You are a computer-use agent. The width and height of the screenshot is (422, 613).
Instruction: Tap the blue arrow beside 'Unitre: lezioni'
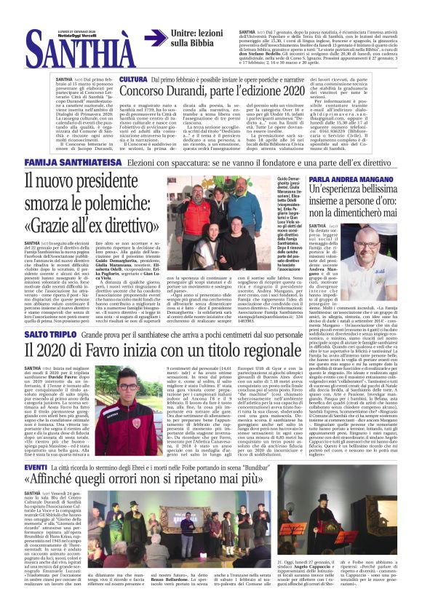[155, 38]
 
